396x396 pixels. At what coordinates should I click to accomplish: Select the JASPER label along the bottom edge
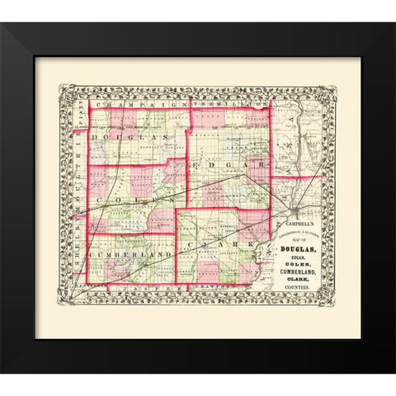[124, 289]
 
